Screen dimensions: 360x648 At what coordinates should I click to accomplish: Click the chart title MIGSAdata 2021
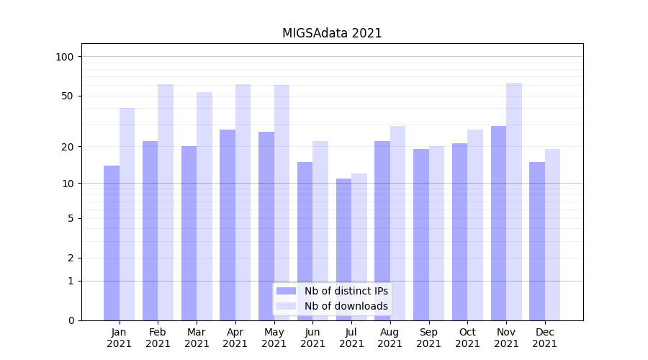331,33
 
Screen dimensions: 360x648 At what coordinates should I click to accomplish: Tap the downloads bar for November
514,202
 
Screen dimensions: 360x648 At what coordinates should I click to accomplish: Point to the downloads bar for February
166,202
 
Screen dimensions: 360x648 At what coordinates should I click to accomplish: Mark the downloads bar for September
436,233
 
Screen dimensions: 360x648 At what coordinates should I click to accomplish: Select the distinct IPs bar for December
537,241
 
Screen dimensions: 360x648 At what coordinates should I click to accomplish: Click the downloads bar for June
320,230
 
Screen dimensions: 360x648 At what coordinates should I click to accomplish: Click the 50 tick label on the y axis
68,96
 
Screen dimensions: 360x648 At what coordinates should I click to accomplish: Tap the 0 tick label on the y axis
71,320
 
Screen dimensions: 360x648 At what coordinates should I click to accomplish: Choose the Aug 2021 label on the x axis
390,338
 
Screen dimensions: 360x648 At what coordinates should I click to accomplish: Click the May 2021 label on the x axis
274,338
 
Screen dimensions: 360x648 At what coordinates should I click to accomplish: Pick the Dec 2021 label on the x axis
544,338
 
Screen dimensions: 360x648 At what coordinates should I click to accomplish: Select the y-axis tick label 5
71,218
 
